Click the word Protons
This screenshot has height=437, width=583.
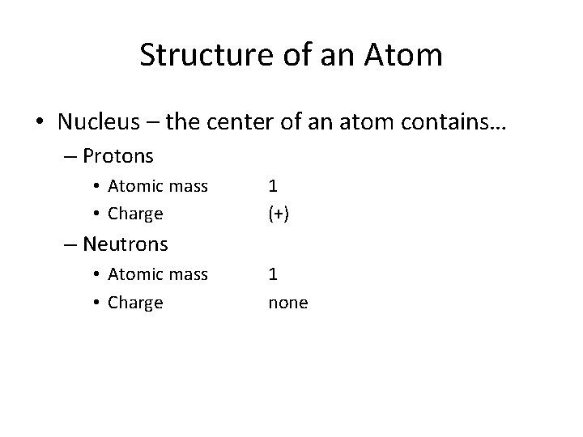click(118, 154)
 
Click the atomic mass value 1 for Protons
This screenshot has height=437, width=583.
click(274, 187)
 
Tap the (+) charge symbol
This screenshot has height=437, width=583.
click(279, 214)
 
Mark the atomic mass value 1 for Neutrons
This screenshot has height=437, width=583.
click(274, 275)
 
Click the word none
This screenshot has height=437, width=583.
click(287, 303)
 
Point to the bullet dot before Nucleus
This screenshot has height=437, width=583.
click(39, 122)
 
